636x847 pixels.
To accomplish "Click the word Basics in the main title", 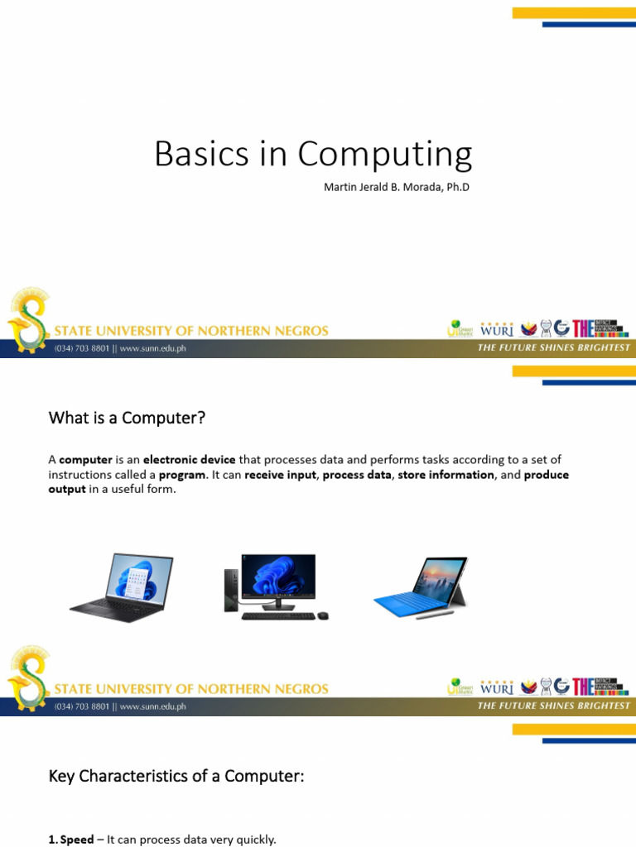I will click(201, 155).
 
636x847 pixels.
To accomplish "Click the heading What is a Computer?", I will click(127, 419).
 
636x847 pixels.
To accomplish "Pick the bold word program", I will click(182, 475).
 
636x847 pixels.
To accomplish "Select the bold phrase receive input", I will click(281, 475).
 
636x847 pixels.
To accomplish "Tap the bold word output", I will click(67, 489).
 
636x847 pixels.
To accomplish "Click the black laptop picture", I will click(122, 586).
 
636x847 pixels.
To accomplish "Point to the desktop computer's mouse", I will click(323, 615).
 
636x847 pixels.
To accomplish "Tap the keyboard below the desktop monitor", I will click(279, 616).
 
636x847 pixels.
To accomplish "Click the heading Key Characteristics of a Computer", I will click(176, 777).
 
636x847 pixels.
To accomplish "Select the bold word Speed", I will click(77, 840).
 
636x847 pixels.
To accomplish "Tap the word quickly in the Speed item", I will click(255, 840).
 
